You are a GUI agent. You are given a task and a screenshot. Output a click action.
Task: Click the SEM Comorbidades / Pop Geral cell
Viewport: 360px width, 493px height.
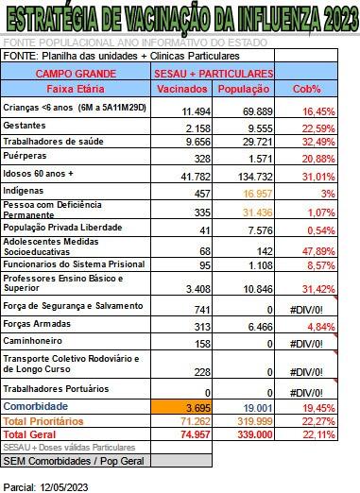click(x=76, y=460)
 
